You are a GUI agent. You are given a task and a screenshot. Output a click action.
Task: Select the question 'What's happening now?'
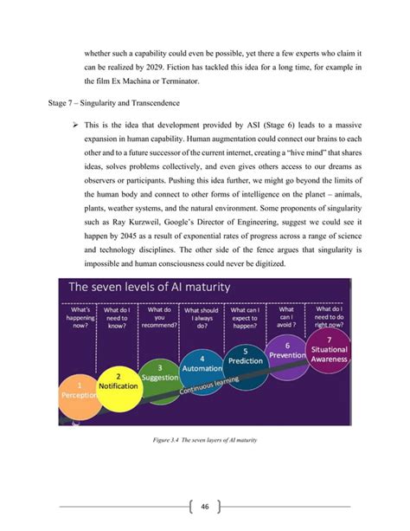[x=80, y=316]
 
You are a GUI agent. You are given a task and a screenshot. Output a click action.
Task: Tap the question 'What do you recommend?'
[x=159, y=316]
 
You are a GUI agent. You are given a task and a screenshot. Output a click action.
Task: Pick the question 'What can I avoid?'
[x=286, y=316]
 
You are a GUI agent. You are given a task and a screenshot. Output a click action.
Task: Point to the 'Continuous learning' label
[x=211, y=385]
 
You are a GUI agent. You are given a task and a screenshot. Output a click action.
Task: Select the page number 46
[x=205, y=506]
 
